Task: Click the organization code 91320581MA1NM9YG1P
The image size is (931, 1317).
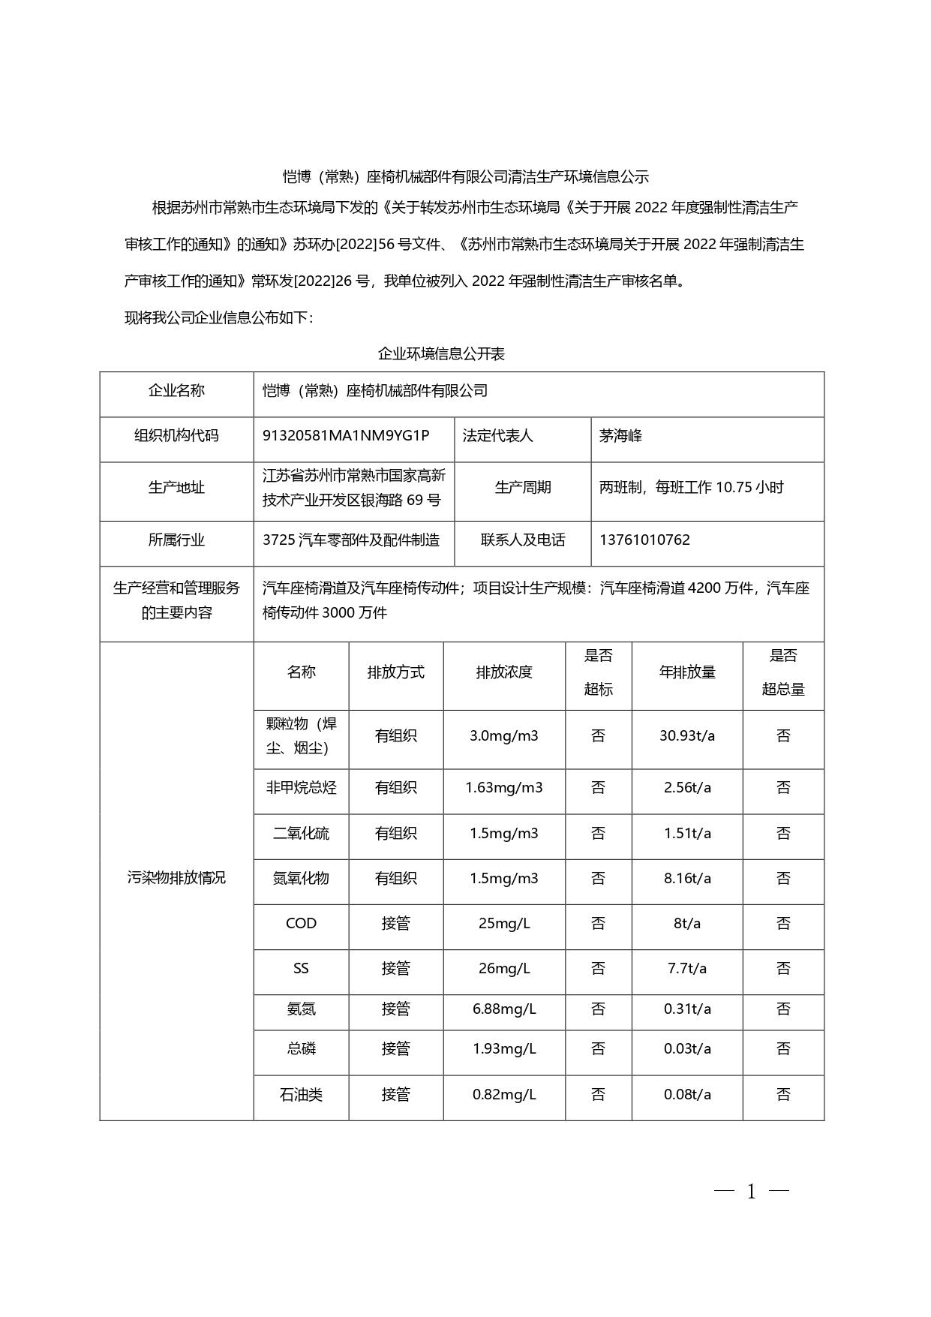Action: [346, 435]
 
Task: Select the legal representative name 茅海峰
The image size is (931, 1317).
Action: [620, 435]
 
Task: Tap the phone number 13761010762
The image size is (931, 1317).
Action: [644, 540]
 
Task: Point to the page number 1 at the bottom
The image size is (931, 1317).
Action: [752, 1191]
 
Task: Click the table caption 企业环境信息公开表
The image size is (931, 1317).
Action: [441, 353]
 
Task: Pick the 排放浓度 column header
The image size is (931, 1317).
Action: [504, 672]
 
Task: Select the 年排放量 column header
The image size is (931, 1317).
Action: [687, 672]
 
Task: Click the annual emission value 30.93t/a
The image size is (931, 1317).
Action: [687, 735]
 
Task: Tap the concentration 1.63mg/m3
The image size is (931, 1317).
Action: [504, 787]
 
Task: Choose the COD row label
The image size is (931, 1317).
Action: [301, 923]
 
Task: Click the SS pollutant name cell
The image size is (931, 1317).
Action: [301, 968]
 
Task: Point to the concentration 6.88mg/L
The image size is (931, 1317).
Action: [504, 1009]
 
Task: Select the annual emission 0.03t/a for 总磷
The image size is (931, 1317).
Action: [687, 1048]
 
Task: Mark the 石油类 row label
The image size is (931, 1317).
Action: [301, 1094]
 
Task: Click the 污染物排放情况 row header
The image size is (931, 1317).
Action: [176, 877]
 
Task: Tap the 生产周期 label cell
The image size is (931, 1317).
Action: [523, 487]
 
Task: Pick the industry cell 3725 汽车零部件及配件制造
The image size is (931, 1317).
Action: [351, 540]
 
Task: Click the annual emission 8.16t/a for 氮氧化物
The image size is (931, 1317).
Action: [687, 878]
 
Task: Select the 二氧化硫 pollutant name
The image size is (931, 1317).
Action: [301, 833]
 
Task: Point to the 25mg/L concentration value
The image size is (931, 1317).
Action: [504, 923]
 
